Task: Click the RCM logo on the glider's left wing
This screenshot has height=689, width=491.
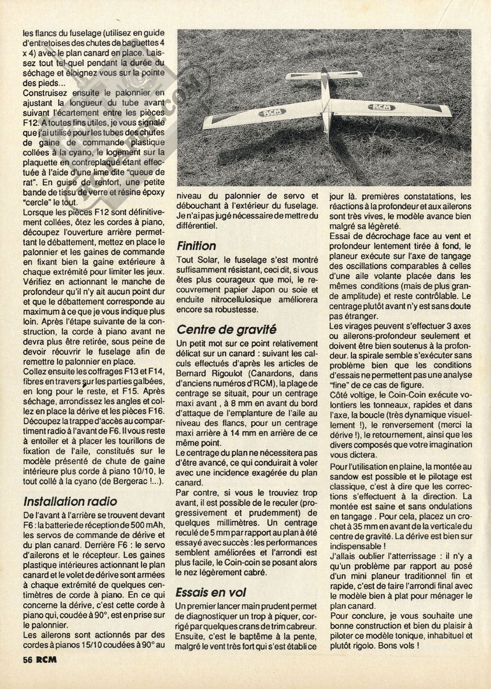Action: pos(265,113)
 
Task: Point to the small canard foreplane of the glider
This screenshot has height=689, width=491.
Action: pos(324,77)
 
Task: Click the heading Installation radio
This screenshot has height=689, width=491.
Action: pos(70,501)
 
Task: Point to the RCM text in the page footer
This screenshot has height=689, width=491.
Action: pos(47,659)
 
